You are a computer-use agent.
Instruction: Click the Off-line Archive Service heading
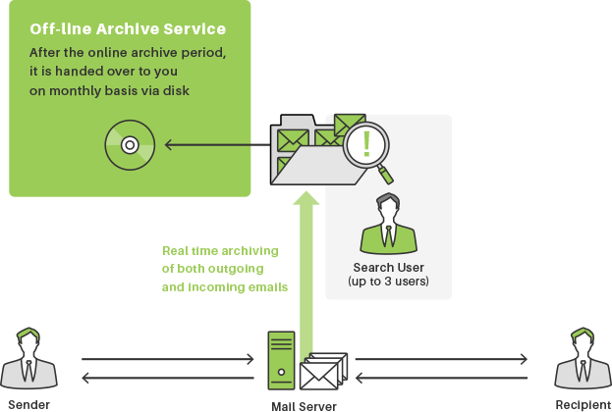coord(128,28)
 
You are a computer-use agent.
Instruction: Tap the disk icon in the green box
coord(128,146)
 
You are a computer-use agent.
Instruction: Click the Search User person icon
coord(388,223)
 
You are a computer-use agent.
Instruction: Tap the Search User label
coord(388,267)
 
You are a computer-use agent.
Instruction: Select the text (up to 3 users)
coord(388,283)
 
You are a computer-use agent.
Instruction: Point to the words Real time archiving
coord(220,251)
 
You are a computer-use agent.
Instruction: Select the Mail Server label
coord(305,404)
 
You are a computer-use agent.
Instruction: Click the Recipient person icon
coord(581,360)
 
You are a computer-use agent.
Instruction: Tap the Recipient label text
coord(581,404)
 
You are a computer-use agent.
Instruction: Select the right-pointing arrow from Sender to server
coord(167,360)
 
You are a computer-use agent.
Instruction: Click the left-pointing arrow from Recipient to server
coord(441,378)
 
